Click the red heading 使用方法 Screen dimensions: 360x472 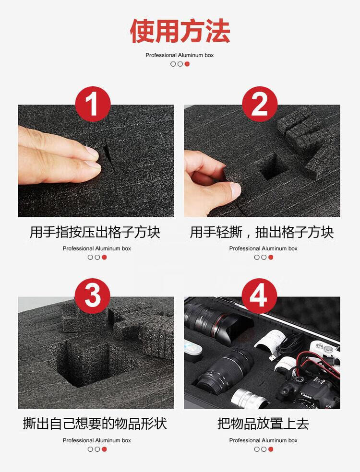pos(180,31)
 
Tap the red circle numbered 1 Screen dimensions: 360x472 pos(93,104)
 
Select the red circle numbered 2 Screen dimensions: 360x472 pos(260,104)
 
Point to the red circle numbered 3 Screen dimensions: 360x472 pos(93,296)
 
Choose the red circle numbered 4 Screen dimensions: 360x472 pos(259,296)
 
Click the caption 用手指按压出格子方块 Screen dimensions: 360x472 pos(95,232)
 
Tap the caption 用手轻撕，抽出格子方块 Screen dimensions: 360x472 pos(262,232)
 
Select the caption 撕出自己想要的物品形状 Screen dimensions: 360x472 pos(95,424)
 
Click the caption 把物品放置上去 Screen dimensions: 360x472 pos(264,424)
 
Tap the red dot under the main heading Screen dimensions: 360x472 pos(187,64)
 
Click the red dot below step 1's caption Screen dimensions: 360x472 pos(104,258)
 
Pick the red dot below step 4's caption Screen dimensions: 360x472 pos(271,449)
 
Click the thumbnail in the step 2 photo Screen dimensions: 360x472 pos(235,189)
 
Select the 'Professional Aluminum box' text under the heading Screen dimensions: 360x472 pos(180,55)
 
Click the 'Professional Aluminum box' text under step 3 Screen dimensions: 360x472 pos(96,440)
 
